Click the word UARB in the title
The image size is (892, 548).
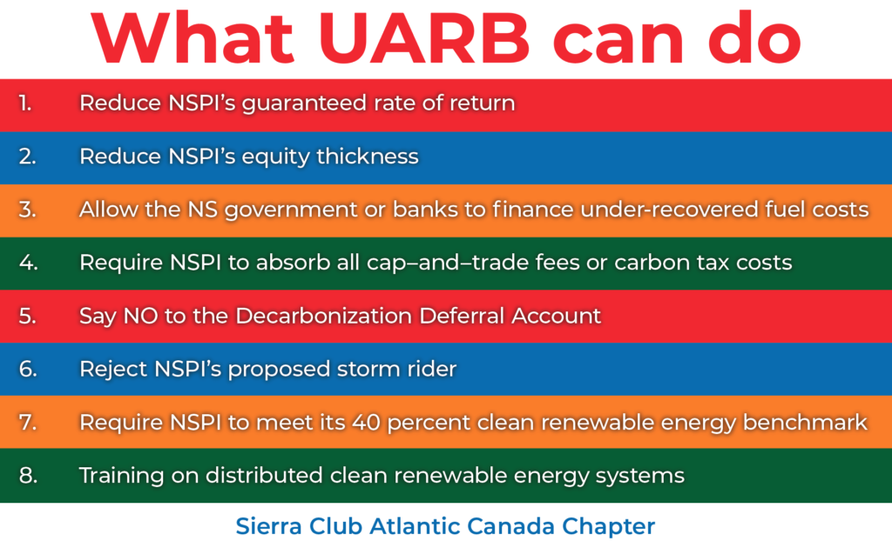[x=424, y=38]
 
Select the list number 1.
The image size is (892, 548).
[x=25, y=103]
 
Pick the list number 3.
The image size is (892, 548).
[x=27, y=210]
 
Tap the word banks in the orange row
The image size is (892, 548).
[x=425, y=210]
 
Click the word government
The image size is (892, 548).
[x=291, y=211]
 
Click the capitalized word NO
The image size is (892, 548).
[x=140, y=316]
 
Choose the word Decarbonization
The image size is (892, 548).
[x=323, y=316]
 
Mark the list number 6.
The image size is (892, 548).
[x=27, y=369]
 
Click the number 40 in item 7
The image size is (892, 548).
[x=366, y=423]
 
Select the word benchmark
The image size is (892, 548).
[x=805, y=423]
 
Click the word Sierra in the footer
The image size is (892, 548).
[x=269, y=526]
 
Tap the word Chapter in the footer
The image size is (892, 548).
[x=608, y=527]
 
